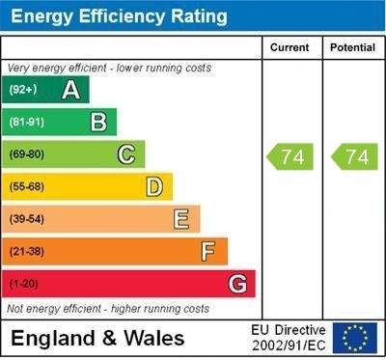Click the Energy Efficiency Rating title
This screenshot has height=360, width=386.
tap(118, 16)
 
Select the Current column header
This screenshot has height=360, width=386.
tap(289, 47)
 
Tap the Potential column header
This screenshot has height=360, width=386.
tap(352, 47)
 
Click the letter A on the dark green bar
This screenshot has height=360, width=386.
tap(70, 90)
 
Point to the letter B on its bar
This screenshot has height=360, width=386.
tap(98, 122)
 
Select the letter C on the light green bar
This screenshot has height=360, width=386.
tap(125, 154)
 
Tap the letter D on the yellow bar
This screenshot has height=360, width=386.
tap(153, 186)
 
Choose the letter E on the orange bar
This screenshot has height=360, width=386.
tap(181, 219)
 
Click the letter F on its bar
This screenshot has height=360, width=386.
tap(208, 252)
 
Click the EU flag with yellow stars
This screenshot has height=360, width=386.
tap(355, 338)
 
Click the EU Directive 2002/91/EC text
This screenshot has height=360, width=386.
tap(289, 338)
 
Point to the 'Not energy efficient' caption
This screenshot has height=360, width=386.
tap(108, 309)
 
